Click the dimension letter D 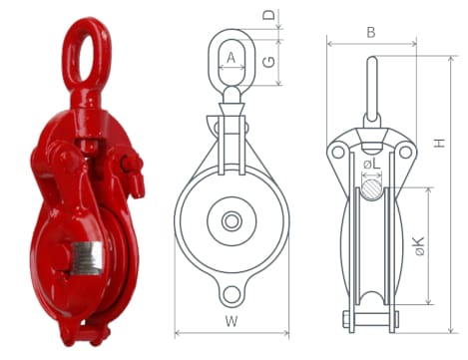269,15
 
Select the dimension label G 269,62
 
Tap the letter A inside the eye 232,58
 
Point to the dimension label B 371,33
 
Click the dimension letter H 439,143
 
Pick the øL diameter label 372,164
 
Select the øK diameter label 420,246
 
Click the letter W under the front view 232,322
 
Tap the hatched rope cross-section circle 372,189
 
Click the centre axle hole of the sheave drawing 232,221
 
